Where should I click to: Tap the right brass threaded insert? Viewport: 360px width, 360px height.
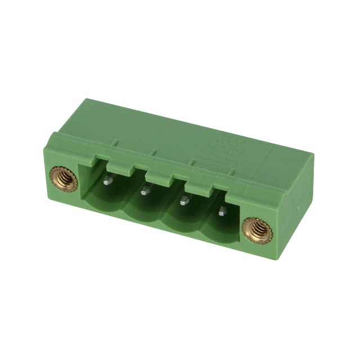257,230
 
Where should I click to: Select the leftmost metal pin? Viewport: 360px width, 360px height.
106,181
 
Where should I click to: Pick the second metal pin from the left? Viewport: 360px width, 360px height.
144,191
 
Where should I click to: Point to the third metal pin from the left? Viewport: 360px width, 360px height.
183,200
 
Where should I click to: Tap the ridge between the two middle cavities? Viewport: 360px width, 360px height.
162,211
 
